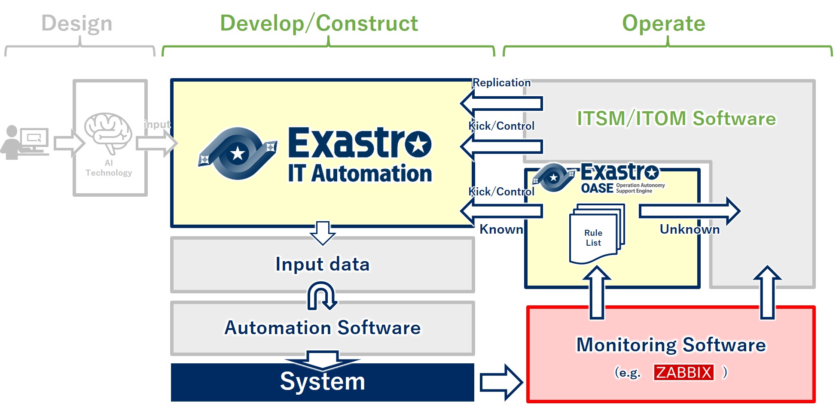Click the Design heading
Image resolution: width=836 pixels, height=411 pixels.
point(77,23)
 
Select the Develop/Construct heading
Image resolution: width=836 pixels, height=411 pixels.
point(319,23)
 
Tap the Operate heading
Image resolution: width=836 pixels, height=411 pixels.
point(664,24)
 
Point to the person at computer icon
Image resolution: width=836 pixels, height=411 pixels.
point(24,142)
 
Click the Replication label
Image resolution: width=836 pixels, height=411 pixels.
point(501,82)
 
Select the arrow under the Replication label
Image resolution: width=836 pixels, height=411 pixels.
point(501,103)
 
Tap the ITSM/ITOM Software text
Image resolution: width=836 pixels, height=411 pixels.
point(676,119)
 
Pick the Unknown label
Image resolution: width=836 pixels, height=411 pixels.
point(690,229)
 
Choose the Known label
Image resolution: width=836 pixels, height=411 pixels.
point(501,229)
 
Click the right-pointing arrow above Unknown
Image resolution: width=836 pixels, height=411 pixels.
point(690,211)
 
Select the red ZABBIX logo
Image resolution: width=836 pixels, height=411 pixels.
point(684,372)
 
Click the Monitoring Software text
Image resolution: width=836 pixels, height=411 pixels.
point(671,345)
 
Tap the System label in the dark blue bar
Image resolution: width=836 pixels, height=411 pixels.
point(323,381)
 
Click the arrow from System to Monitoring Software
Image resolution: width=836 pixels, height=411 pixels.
point(501,382)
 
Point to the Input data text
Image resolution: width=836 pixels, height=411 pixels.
point(323,264)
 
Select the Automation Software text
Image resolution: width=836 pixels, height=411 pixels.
point(323,328)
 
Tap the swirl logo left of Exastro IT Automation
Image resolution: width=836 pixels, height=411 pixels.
point(237,153)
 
